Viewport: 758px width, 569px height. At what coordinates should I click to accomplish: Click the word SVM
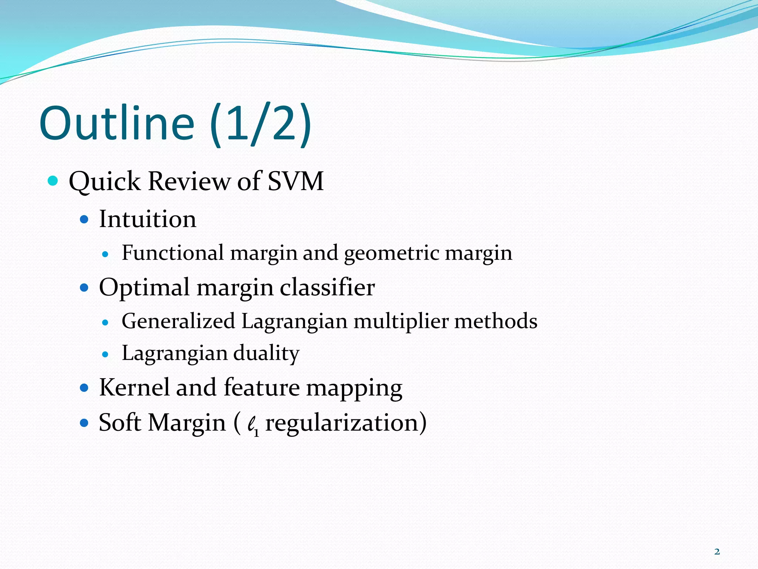click(x=295, y=181)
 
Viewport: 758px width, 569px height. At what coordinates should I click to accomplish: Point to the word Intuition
click(x=147, y=219)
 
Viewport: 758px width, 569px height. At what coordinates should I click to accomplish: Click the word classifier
click(x=327, y=287)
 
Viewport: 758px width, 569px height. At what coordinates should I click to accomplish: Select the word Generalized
click(x=178, y=321)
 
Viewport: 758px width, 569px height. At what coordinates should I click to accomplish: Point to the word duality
click(x=266, y=353)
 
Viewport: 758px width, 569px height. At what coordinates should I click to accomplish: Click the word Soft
click(x=120, y=422)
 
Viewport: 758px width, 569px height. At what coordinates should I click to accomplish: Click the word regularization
click(x=342, y=423)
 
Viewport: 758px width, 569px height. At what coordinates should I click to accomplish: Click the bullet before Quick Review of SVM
click(x=53, y=181)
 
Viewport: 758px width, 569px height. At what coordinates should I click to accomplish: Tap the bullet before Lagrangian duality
click(x=105, y=355)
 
